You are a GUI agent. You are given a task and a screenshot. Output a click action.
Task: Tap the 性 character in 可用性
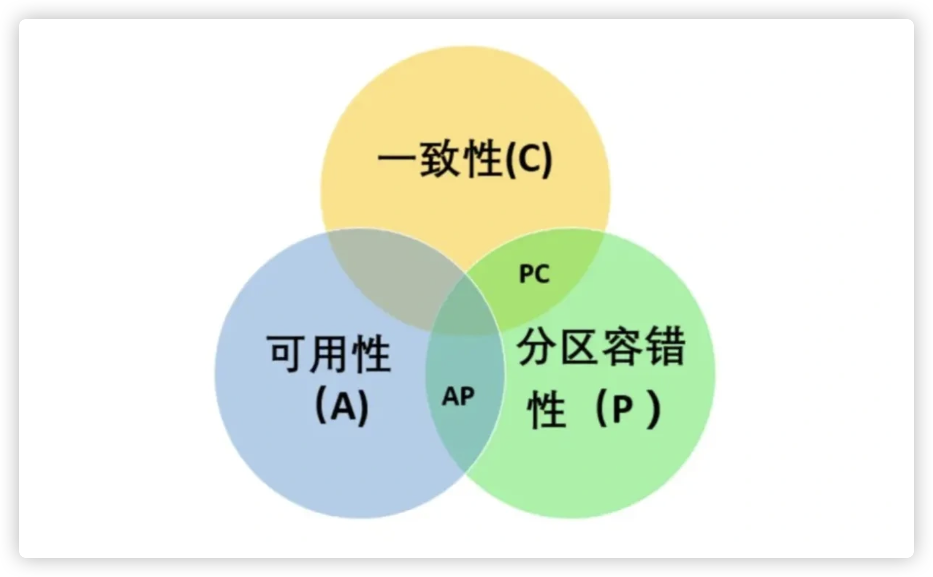pos(372,353)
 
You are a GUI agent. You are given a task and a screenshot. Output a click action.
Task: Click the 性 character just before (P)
pos(546,410)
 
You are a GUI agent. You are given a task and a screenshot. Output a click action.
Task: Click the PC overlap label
pos(534,274)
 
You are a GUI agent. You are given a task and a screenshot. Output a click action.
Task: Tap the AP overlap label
pos(459,397)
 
